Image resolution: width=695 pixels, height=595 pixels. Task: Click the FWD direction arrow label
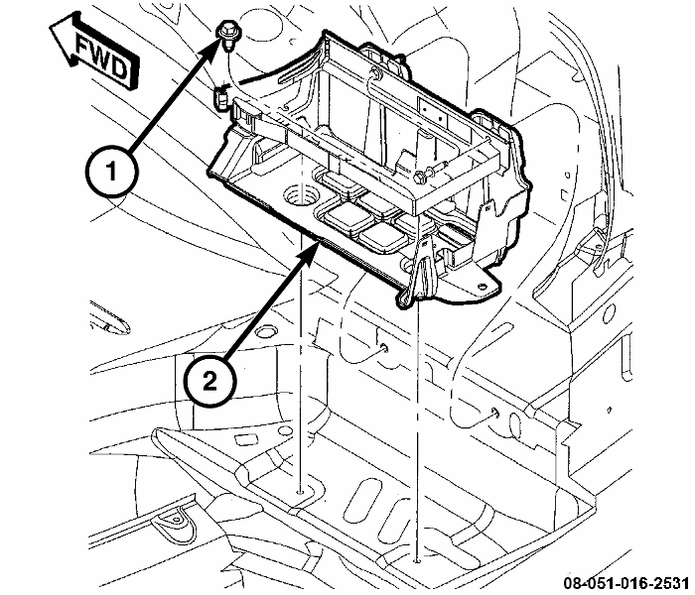click(95, 54)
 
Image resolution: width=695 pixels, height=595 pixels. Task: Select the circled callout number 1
click(111, 171)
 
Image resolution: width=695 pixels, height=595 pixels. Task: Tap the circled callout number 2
click(209, 380)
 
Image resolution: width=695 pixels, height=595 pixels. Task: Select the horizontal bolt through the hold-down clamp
click(430, 172)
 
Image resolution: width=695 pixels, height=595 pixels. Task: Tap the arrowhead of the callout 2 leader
click(312, 248)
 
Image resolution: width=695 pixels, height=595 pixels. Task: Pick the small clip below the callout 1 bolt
click(221, 98)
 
